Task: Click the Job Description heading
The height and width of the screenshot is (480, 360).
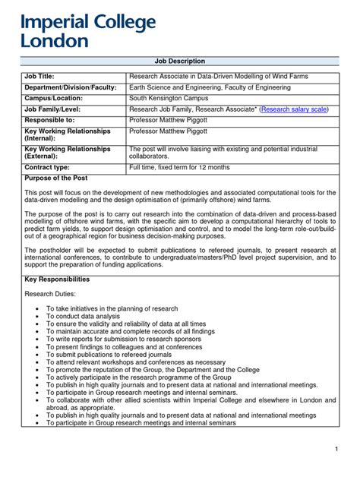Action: point(180,61)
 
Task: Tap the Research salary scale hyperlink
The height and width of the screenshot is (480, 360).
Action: point(294,109)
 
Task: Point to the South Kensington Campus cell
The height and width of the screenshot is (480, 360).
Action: point(169,99)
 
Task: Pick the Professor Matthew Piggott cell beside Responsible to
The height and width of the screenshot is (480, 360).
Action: point(172,120)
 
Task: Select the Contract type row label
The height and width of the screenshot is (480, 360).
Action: point(47,166)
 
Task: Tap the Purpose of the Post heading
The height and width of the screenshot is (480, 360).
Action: point(57,178)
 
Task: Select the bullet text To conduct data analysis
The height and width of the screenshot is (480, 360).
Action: point(90,317)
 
